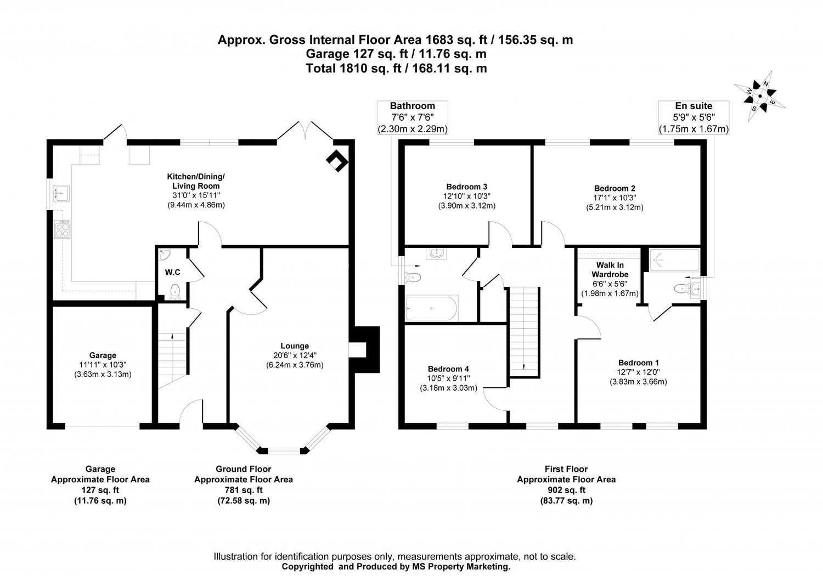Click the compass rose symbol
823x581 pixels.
[760, 96]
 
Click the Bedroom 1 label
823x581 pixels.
[638, 362]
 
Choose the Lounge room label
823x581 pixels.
[295, 346]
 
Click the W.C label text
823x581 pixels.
[173, 272]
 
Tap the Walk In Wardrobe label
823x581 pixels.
[610, 269]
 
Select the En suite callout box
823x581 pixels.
[694, 117]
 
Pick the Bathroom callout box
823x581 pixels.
[412, 117]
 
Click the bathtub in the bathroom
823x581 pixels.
[431, 308]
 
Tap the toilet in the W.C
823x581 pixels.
[175, 291]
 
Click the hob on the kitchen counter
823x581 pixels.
[63, 228]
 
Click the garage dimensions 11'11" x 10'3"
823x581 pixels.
[103, 365]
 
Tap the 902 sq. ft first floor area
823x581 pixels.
[566, 490]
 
